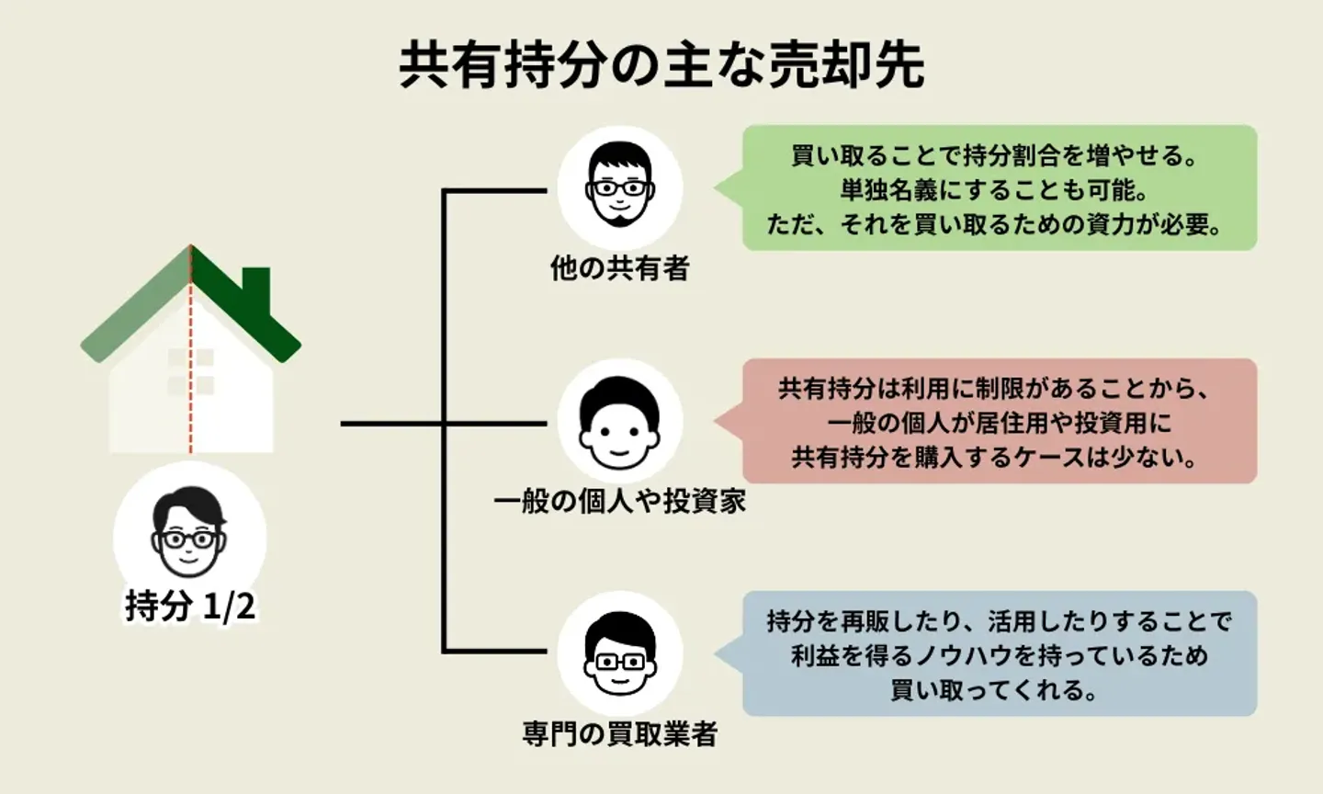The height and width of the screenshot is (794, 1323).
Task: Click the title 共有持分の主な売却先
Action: [661, 64]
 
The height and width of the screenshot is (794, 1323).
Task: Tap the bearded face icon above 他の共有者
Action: [620, 186]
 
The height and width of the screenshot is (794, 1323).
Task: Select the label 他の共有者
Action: [619, 268]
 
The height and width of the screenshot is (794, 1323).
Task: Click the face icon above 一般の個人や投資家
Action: [620, 422]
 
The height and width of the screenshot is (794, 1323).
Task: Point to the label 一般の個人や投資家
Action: [619, 502]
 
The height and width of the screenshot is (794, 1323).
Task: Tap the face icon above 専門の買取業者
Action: [620, 652]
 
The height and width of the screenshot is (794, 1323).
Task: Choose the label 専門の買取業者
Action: [619, 734]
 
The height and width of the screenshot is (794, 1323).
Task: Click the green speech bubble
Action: [999, 188]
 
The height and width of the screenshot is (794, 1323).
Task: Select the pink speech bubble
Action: [999, 422]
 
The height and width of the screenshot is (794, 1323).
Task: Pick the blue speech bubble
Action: [999, 654]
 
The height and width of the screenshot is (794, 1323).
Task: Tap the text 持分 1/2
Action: [190, 607]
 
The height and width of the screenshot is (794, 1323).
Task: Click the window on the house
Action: [191, 371]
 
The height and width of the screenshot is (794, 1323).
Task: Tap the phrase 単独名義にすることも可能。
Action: [995, 190]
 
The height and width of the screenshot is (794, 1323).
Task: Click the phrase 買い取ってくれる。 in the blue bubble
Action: [995, 689]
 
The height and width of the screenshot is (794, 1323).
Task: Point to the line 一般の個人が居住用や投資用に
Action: [999, 423]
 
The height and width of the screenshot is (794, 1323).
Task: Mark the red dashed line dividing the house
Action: [191, 404]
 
